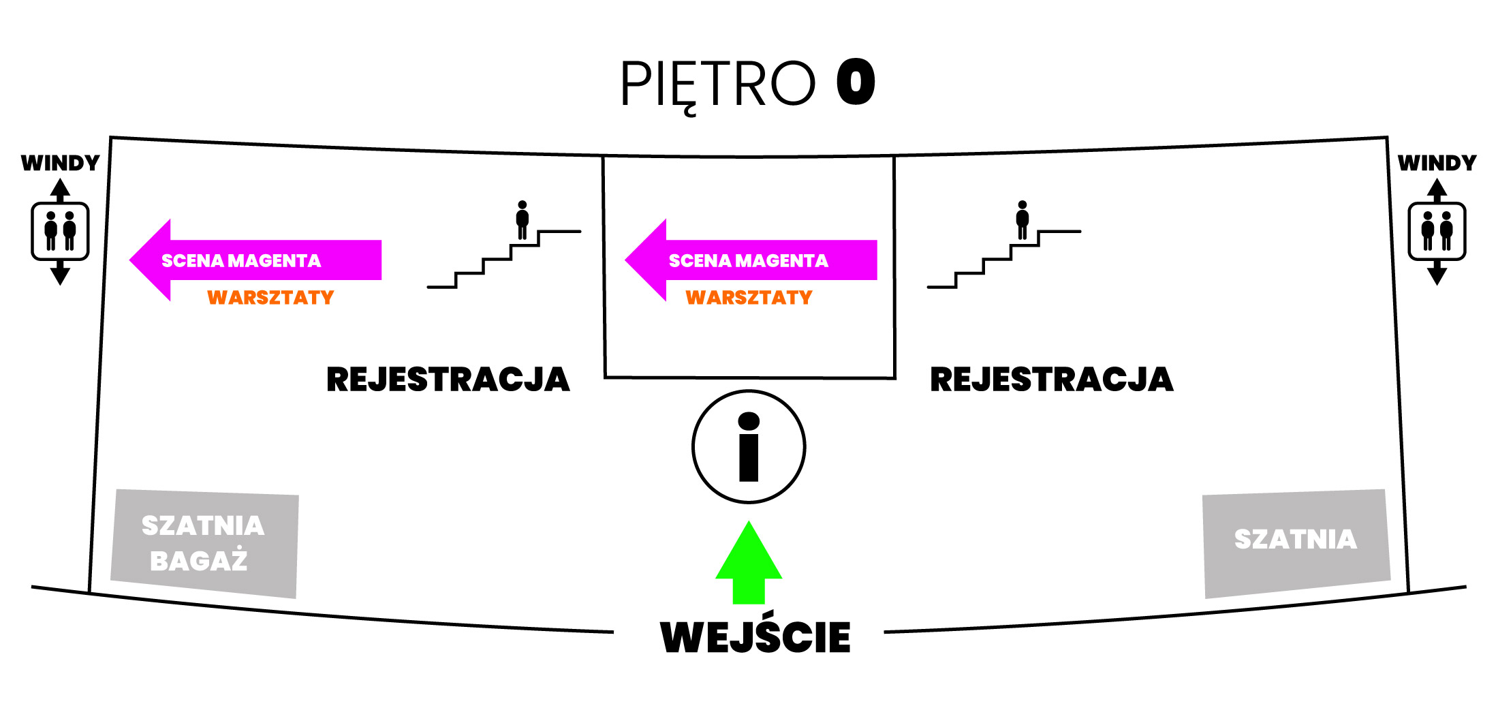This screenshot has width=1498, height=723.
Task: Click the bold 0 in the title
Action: [x=856, y=82]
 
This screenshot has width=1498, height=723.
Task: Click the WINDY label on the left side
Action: [x=61, y=164]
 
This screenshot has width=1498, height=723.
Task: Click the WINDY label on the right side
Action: [x=1437, y=164]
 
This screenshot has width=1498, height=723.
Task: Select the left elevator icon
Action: [x=60, y=232]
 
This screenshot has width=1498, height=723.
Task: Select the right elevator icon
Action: [x=1437, y=232]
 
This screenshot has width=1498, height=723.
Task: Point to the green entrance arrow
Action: [x=749, y=563]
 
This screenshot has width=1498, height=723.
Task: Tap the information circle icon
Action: [x=749, y=447]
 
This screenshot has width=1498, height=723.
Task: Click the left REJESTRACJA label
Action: [x=448, y=380]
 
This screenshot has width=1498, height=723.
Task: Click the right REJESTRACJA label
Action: [x=1052, y=380]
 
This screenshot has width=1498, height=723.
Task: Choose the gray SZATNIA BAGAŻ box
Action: [x=204, y=544]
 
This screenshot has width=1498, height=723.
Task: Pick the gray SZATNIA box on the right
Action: [x=1296, y=544]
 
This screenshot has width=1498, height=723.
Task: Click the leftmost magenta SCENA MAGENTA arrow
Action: [x=255, y=260]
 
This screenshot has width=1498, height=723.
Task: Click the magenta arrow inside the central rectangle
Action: [x=751, y=260]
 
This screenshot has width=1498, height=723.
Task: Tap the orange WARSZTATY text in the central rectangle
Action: [x=749, y=298]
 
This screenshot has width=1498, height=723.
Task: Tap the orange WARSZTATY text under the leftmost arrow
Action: [x=270, y=298]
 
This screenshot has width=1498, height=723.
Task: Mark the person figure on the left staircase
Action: [x=522, y=220]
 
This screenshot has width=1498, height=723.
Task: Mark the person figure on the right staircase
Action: [x=1023, y=220]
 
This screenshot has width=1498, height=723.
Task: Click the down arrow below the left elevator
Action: [x=60, y=273]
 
